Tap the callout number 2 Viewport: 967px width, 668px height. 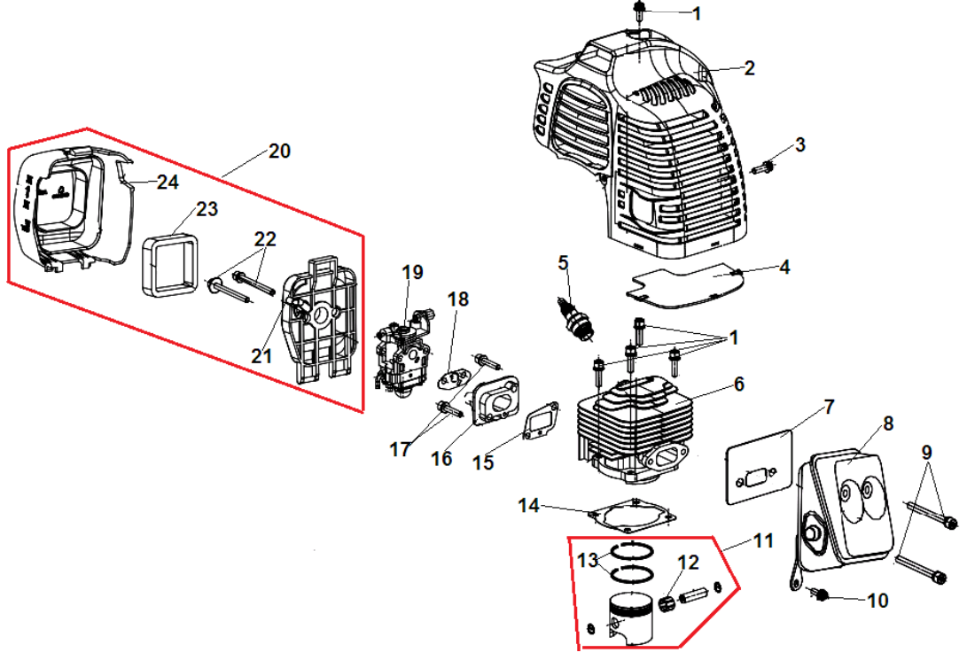[749, 68]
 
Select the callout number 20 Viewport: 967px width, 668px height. [279, 151]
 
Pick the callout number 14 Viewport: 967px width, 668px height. [528, 506]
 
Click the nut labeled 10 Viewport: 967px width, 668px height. [819, 594]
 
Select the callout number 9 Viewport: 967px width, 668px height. [926, 452]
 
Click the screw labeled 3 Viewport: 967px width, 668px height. [764, 166]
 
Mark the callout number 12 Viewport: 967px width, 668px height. [689, 562]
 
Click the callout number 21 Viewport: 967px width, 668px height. [260, 355]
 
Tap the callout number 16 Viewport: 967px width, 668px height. [441, 458]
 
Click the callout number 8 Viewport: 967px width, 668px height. [888, 424]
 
